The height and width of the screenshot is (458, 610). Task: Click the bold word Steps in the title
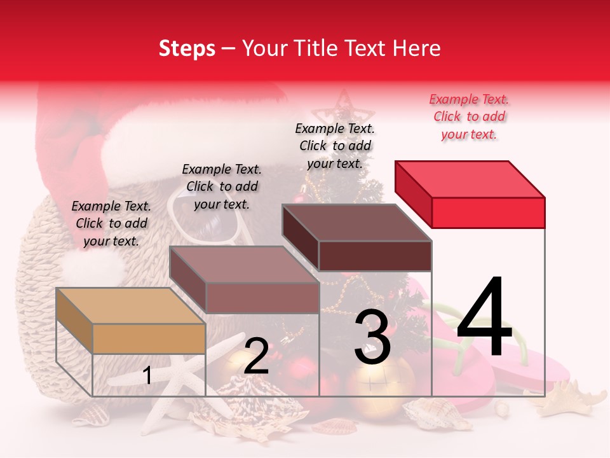point(187,48)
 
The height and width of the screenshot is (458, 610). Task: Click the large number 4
point(484,318)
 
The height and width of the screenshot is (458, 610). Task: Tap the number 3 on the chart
point(372,338)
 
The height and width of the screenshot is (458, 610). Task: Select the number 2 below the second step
point(256,356)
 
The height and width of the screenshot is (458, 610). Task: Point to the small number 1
point(147,375)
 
